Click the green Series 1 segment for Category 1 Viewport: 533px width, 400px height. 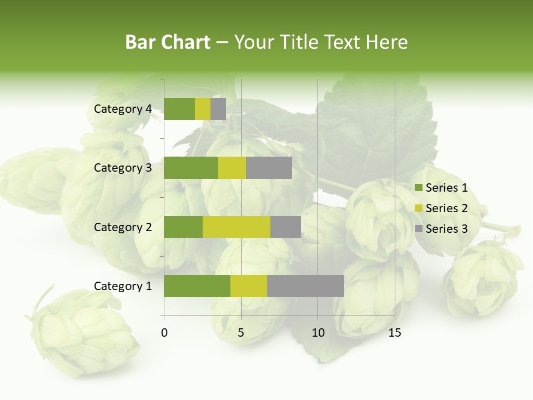(197, 286)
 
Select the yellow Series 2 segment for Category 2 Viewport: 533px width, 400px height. (237, 227)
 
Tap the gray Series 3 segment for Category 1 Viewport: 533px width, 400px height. (305, 286)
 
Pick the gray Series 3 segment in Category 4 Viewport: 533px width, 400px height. (218, 109)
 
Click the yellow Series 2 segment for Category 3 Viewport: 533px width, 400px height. (232, 168)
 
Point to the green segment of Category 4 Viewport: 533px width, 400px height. (179, 109)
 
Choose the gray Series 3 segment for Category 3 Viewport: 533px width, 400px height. (269, 168)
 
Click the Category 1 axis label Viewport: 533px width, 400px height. (123, 286)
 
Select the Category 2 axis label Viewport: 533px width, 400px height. (123, 227)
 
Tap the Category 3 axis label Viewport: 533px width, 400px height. (123, 168)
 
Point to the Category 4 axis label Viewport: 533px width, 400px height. (123, 109)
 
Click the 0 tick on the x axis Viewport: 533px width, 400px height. (164, 333)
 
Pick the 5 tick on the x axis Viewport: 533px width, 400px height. (241, 333)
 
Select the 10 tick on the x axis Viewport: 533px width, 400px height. (318, 333)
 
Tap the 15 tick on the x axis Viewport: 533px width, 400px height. (395, 333)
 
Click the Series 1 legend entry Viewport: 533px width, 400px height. (441, 188)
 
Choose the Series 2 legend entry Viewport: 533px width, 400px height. (441, 208)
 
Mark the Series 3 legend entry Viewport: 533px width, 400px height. (441, 229)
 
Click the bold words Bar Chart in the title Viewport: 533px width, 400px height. (168, 42)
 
